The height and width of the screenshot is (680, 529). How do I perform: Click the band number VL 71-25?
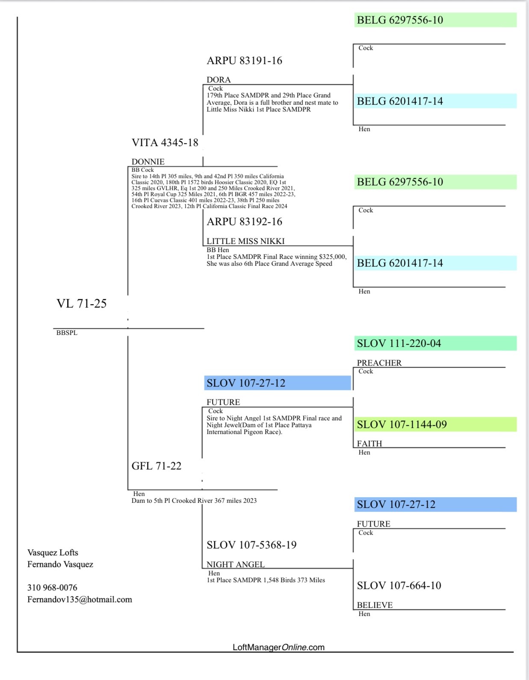(x=81, y=304)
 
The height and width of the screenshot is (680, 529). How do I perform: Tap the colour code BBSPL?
(x=67, y=333)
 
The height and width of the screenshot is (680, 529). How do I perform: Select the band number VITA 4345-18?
(x=165, y=143)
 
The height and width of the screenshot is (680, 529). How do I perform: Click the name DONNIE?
(x=148, y=161)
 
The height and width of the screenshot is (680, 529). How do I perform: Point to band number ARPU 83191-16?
(x=244, y=61)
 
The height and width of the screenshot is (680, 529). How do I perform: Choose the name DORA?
(x=219, y=80)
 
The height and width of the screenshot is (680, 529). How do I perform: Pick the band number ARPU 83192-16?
(x=244, y=222)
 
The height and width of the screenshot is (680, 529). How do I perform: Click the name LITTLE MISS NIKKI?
(x=245, y=241)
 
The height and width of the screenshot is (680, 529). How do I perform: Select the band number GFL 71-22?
(x=156, y=466)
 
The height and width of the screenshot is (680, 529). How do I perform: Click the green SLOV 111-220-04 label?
(x=399, y=343)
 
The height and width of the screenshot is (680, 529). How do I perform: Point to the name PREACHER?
(x=379, y=363)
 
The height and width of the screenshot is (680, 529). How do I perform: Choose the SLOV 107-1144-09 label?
(x=402, y=425)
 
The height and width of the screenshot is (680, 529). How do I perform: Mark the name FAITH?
(x=369, y=444)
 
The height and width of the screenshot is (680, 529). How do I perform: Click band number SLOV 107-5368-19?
(x=251, y=545)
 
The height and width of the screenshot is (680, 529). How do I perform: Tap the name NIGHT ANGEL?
(x=236, y=565)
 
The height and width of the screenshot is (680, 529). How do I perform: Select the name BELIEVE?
(x=375, y=605)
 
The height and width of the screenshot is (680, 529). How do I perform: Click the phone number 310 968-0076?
(x=52, y=588)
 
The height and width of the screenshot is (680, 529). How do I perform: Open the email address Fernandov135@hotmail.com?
(x=80, y=600)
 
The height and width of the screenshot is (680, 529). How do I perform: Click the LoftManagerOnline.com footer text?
(x=278, y=647)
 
